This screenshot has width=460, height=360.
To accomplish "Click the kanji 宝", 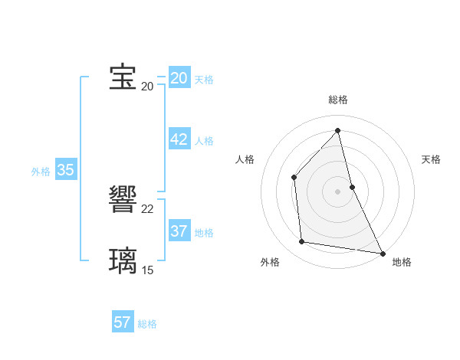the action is click(123, 77).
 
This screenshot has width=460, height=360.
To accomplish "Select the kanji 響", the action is click(123, 201).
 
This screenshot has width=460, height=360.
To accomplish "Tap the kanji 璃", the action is click(123, 260).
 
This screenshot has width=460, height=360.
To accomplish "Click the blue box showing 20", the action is click(179, 78).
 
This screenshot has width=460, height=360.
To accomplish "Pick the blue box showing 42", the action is click(179, 139).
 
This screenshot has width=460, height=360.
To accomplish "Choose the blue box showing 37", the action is click(179, 231).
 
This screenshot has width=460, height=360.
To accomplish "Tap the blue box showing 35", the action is click(65, 170).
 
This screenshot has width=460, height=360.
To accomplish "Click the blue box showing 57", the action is click(123, 322).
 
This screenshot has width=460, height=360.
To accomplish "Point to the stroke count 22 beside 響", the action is click(147, 209).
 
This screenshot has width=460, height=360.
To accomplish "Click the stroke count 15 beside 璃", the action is click(147, 270).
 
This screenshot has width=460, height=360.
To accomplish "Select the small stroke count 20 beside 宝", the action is click(147, 87).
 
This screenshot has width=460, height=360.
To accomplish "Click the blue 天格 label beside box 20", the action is click(204, 80).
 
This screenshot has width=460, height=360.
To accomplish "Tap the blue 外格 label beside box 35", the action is click(41, 172).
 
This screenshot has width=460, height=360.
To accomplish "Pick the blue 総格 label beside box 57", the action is click(147, 324).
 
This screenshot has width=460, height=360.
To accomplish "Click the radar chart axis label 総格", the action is click(337, 100).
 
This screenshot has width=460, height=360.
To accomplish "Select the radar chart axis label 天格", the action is click(431, 159).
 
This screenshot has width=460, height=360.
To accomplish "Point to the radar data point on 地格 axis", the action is click(382, 253).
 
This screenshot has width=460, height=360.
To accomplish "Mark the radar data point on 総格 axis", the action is click(337, 130).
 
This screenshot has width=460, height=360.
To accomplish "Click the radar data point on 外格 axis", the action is click(302, 242).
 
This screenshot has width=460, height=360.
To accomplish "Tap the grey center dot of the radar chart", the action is click(337, 191).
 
